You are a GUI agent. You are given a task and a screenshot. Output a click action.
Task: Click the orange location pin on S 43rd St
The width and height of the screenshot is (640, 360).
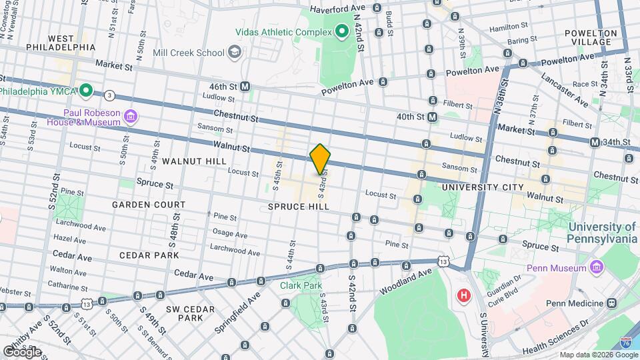(320, 159)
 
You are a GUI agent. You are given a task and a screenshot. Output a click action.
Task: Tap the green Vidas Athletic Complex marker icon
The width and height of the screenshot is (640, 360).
(342, 31)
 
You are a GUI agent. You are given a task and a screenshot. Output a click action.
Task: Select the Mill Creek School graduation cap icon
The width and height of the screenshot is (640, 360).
(234, 51)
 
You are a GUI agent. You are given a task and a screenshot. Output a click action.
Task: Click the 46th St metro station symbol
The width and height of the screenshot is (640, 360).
(245, 87)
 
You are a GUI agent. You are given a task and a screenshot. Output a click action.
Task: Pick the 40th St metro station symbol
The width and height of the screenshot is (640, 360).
(433, 117)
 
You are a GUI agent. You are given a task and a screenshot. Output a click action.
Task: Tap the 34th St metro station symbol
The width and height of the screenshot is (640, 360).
(595, 142)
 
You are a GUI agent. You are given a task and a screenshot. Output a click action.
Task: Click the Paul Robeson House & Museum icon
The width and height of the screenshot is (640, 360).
(130, 118)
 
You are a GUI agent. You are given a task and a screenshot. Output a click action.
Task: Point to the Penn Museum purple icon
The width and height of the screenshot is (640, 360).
(597, 268)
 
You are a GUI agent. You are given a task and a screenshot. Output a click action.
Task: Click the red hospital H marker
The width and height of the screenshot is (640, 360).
(462, 295)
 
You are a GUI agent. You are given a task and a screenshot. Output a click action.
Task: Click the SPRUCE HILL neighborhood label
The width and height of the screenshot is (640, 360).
(299, 207)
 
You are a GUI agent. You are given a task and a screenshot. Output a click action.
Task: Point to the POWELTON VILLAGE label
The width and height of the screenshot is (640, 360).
(587, 37)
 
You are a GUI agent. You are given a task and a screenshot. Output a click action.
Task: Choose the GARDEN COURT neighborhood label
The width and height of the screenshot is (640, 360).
(148, 204)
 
